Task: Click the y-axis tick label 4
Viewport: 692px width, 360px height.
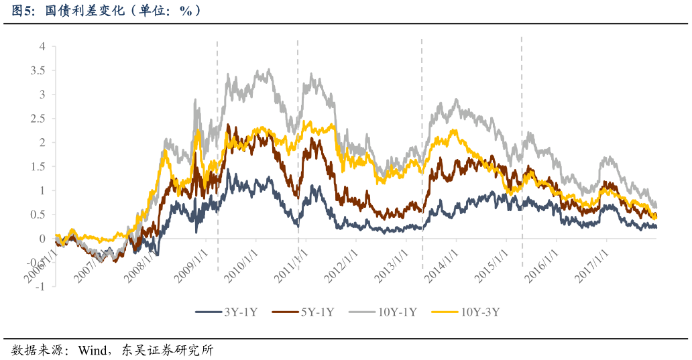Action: tap(42, 46)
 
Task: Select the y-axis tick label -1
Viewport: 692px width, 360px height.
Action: tap(40, 287)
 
